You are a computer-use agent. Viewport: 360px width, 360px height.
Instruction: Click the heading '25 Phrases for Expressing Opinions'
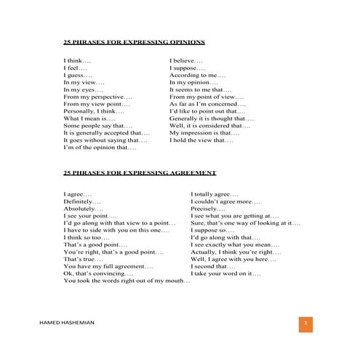(x=134, y=42)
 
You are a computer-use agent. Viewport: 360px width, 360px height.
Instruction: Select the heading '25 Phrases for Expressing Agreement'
(x=140, y=173)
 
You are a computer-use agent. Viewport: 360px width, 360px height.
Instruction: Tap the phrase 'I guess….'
(x=78, y=75)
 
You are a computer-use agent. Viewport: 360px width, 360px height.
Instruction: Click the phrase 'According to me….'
(x=198, y=75)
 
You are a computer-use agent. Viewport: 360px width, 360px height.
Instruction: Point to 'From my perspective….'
(x=97, y=97)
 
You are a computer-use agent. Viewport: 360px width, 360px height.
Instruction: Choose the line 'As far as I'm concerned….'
(x=207, y=104)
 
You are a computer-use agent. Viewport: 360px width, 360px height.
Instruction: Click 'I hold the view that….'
(x=201, y=140)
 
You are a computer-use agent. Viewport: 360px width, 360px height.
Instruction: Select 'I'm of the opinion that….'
(x=100, y=148)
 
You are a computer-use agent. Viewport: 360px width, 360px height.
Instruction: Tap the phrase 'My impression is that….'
(x=204, y=133)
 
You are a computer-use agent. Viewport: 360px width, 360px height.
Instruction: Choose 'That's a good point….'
(x=95, y=245)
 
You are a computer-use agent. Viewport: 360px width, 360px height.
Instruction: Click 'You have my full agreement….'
(x=108, y=266)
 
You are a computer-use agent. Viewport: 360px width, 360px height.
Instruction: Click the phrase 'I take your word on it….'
(x=225, y=273)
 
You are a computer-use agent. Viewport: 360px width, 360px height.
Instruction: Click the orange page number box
(x=306, y=323)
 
